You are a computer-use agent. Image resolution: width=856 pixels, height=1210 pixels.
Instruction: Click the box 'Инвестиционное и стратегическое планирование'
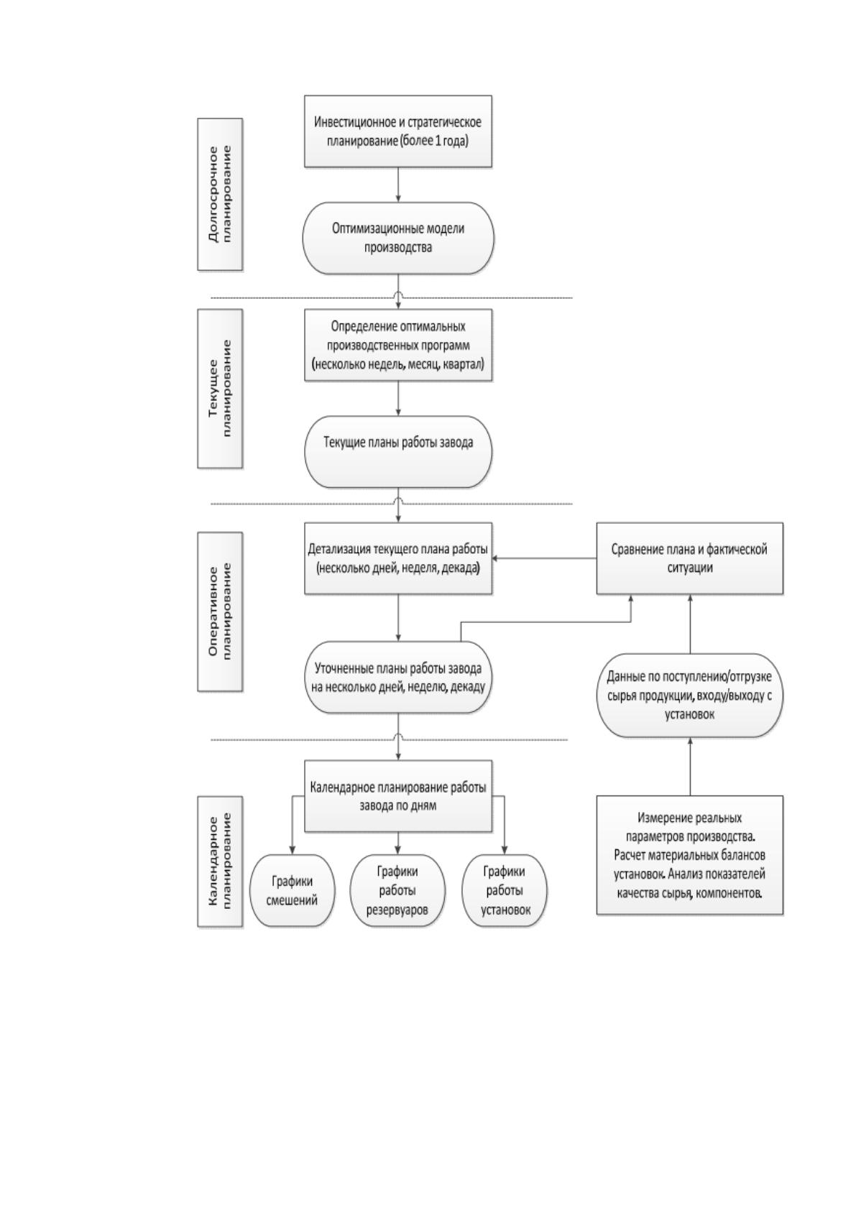(x=397, y=131)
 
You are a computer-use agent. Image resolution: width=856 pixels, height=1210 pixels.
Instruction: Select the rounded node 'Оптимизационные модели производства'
(x=397, y=238)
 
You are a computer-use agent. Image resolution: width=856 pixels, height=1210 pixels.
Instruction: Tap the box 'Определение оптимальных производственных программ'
(x=397, y=345)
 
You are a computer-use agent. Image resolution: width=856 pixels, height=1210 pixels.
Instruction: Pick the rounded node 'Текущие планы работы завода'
(x=397, y=451)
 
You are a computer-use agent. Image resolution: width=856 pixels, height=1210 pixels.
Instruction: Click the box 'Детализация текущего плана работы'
(x=397, y=558)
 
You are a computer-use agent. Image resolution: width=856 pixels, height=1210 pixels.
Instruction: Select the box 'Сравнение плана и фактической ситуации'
(x=689, y=558)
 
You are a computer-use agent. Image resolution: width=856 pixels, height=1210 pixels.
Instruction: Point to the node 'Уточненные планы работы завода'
(x=397, y=678)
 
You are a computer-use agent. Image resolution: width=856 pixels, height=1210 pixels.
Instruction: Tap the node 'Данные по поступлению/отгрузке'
(x=689, y=696)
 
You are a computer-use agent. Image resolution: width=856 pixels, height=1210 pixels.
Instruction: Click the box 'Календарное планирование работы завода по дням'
(x=397, y=795)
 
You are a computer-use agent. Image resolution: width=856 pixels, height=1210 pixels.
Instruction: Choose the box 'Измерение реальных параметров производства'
(x=689, y=855)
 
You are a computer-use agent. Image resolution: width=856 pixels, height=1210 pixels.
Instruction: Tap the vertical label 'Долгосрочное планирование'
(x=220, y=195)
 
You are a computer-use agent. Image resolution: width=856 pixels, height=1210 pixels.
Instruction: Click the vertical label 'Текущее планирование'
(x=220, y=389)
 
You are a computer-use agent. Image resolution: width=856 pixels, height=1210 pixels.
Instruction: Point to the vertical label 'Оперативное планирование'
(x=220, y=611)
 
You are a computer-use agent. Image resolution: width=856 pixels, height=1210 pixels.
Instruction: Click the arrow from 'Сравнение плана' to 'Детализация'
(x=544, y=558)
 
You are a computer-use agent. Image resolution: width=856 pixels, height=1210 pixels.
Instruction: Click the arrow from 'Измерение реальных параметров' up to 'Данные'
(x=689, y=766)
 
